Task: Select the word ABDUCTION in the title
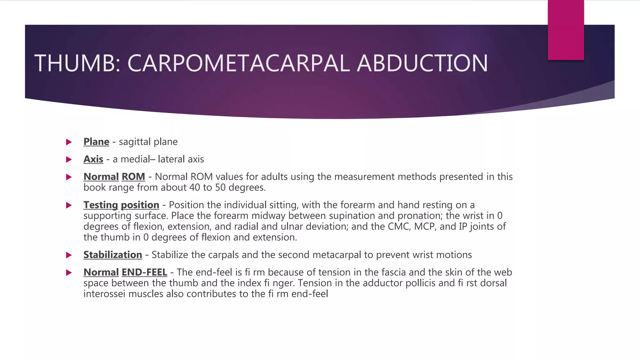click(x=422, y=63)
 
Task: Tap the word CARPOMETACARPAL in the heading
click(x=238, y=63)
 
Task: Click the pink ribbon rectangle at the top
click(x=566, y=30)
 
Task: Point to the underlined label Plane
click(x=96, y=142)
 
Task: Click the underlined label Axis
click(x=93, y=159)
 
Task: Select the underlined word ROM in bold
click(x=133, y=177)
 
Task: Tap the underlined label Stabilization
click(x=112, y=255)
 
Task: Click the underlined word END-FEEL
click(x=144, y=272)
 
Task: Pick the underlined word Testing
click(x=101, y=205)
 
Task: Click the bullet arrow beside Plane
click(x=69, y=142)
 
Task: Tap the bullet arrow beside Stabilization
click(x=69, y=255)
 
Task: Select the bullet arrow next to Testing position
click(x=69, y=205)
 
